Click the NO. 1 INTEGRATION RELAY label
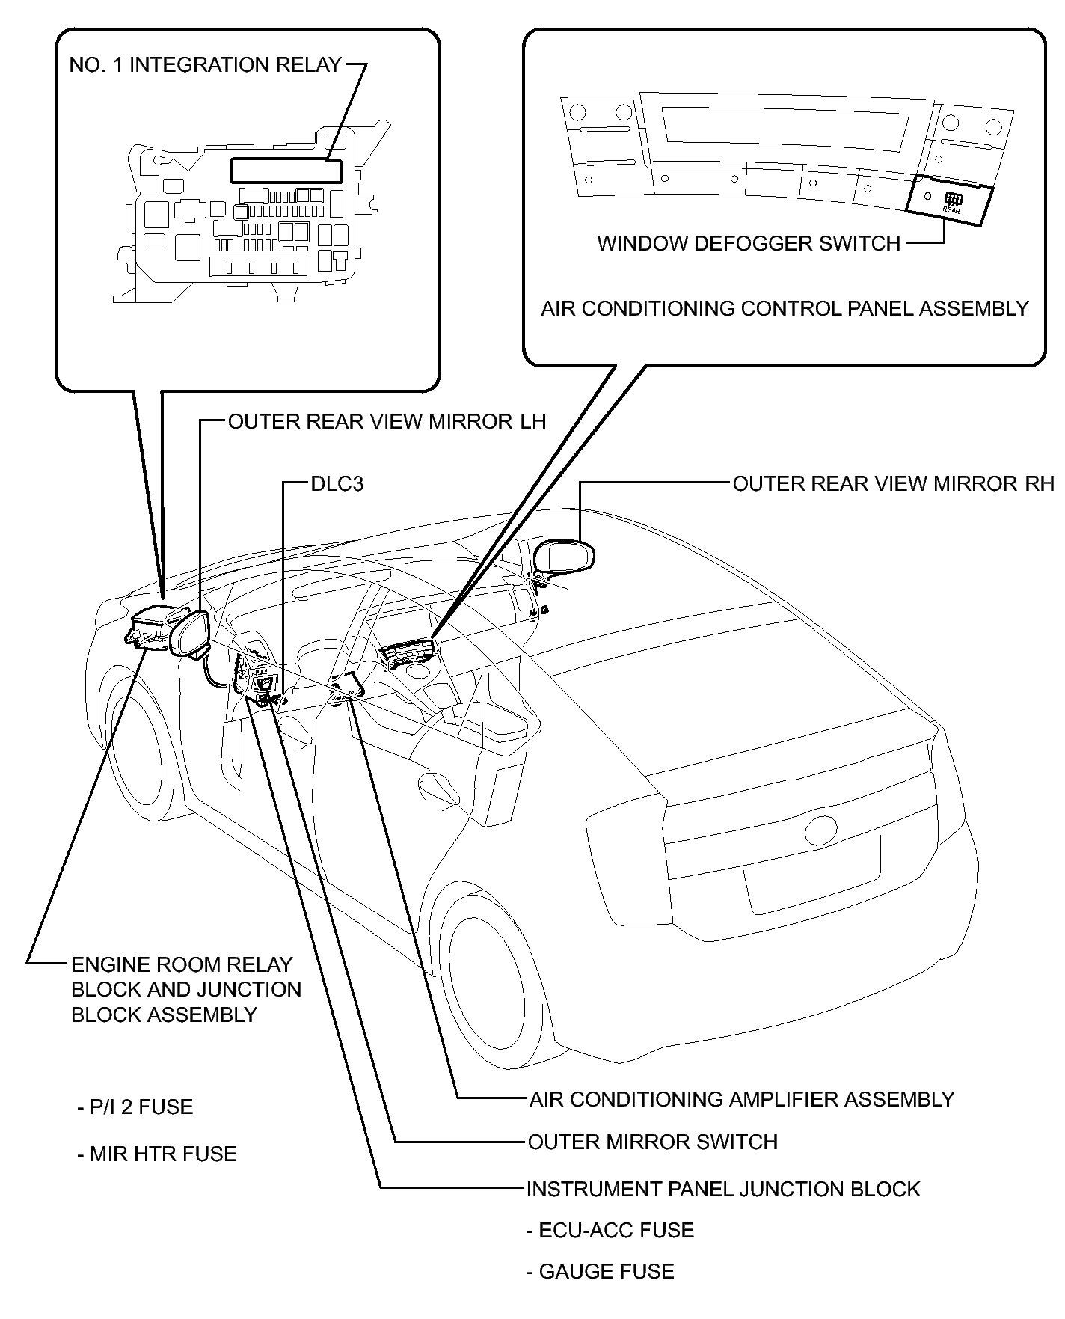click(205, 65)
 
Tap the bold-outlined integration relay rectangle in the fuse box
click(286, 171)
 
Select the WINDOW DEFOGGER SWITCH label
click(749, 243)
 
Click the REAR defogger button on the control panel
click(951, 202)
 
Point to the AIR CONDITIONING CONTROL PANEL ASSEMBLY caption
click(785, 308)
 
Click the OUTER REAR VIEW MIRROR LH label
click(387, 421)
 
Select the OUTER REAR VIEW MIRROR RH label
click(893, 483)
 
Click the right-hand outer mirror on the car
click(565, 557)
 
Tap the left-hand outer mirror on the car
click(190, 633)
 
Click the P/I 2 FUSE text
click(135, 1107)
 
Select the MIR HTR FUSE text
click(156, 1154)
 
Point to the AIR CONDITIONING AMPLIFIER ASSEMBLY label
click(742, 1099)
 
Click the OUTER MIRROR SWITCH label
click(653, 1142)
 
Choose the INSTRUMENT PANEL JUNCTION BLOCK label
click(723, 1189)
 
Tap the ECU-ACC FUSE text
click(610, 1230)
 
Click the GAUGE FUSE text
click(601, 1271)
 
